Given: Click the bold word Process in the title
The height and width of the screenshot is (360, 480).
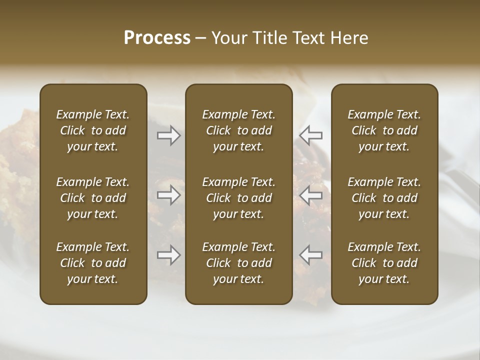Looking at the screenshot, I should [157, 38].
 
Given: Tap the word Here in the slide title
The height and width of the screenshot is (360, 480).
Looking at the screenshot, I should [349, 38].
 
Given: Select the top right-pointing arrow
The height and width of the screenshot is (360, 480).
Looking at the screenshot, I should [169, 135].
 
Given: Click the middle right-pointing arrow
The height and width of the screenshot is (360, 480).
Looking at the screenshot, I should [169, 195].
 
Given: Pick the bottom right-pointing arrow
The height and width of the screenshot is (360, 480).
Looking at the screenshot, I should [169, 255].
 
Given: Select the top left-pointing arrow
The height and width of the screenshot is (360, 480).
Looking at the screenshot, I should [311, 135].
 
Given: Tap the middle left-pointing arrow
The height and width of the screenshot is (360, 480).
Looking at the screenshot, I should [311, 195].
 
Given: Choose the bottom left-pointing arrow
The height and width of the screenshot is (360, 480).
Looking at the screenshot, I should [311, 255].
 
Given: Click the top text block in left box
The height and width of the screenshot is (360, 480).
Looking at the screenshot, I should [93, 130].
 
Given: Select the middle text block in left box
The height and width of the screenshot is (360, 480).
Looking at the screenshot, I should [93, 198].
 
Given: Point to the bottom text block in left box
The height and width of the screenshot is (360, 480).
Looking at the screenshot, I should [93, 263].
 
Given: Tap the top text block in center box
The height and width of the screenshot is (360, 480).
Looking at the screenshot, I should [238, 130].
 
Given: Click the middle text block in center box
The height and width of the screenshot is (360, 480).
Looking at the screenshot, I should [238, 198].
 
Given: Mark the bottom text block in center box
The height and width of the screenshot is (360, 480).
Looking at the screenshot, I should [238, 263].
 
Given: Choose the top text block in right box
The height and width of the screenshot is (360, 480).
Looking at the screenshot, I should [384, 130].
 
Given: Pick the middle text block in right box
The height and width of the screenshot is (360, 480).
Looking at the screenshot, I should [384, 198].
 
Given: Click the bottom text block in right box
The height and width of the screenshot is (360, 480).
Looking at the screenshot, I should [384, 263].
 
